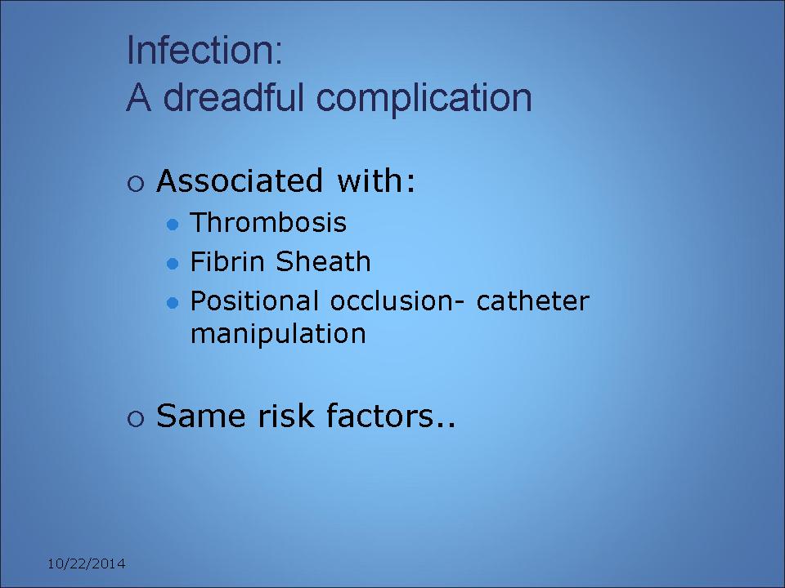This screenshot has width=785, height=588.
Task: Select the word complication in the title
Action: click(x=424, y=99)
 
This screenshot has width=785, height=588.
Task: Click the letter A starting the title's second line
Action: click(x=139, y=98)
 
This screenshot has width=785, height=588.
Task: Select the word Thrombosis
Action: click(x=268, y=222)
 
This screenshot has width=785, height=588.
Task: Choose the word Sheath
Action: click(x=324, y=261)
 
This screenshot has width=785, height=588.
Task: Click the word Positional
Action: click(x=254, y=301)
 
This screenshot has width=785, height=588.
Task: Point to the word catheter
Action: click(x=533, y=301)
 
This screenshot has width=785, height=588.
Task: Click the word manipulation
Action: click(x=278, y=334)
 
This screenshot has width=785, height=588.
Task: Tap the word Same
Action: click(x=201, y=416)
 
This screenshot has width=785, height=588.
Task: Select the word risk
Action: click(x=286, y=416)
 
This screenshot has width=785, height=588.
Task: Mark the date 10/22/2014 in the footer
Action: click(x=87, y=564)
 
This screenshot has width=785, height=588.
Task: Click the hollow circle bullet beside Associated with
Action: click(x=136, y=184)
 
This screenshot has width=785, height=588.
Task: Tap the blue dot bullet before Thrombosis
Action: click(x=173, y=225)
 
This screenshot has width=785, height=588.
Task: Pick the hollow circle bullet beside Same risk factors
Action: click(x=136, y=418)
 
